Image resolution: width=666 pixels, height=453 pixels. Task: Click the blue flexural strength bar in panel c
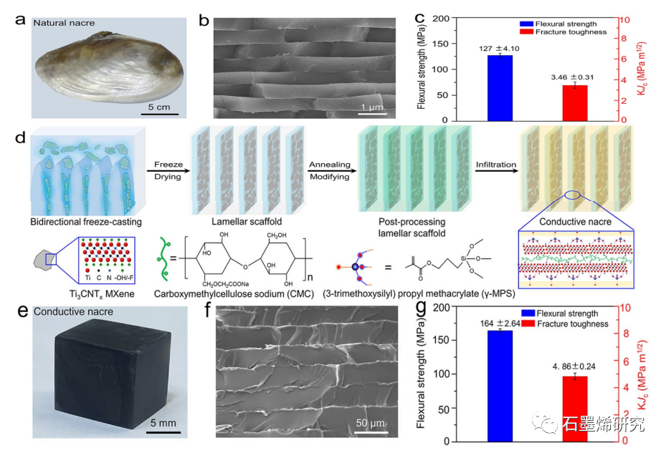[500, 88]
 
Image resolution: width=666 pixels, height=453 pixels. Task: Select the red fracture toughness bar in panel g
[574, 407]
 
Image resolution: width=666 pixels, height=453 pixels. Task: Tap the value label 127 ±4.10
[499, 48]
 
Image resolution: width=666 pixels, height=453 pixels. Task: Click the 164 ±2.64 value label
[499, 323]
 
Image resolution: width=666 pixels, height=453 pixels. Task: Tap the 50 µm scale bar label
[371, 423]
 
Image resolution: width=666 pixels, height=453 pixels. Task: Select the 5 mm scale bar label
[162, 423]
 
